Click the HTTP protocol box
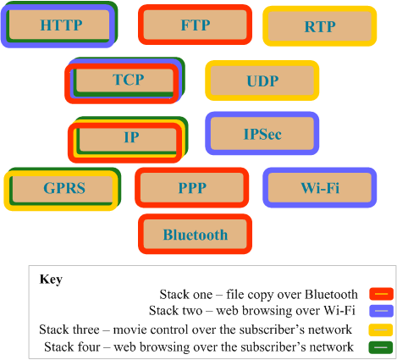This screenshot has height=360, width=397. point(59,25)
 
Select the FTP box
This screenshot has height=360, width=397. point(195,25)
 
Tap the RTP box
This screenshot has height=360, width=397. point(320,26)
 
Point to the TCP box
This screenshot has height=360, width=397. point(124,80)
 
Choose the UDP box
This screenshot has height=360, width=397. point(262,80)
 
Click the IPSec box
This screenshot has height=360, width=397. point(262,133)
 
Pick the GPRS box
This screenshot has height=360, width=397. point(63,189)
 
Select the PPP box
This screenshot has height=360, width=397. point(192,187)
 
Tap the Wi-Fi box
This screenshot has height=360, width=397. point(320,187)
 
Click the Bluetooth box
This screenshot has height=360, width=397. point(195,234)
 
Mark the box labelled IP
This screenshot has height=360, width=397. point(128,140)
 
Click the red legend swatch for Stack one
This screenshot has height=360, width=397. point(381,294)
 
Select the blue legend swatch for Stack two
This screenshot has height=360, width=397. point(381,311)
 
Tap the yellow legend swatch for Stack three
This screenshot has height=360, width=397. point(381,330)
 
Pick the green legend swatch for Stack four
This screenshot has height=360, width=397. point(381,347)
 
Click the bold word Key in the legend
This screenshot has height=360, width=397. point(51,280)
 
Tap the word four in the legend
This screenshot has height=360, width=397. point(91,347)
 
